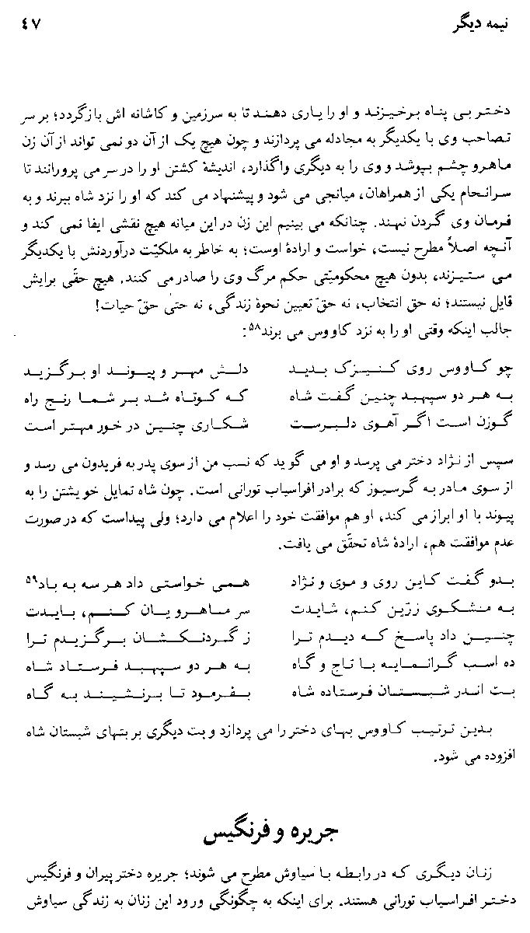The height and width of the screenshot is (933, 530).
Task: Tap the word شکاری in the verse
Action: pos(235,425)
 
